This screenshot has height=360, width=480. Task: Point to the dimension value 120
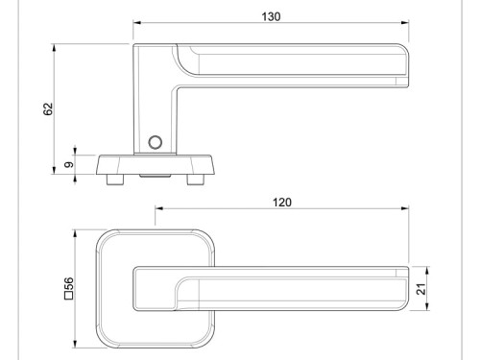(281, 203)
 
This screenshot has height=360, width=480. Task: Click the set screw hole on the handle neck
(155, 143)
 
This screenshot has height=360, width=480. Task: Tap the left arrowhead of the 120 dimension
(159, 209)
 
